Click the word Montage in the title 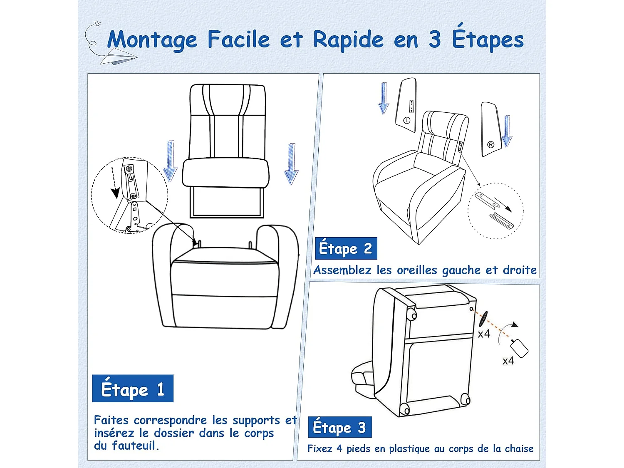(152, 40)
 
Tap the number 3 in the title (434, 40)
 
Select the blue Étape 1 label (132, 389)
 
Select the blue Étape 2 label (346, 248)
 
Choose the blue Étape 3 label (339, 427)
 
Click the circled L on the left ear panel (407, 120)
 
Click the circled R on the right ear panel (490, 145)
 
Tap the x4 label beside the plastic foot (508, 361)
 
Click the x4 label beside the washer (484, 334)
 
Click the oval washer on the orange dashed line (483, 319)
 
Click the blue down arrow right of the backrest (291, 164)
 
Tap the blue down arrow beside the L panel (383, 98)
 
